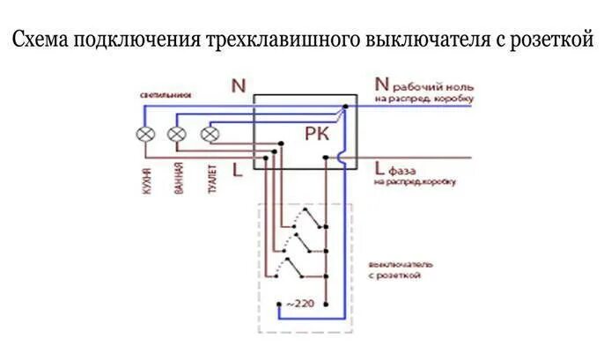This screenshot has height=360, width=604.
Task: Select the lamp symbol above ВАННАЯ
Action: click(177, 134)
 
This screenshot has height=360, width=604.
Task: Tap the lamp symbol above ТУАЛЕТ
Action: click(210, 134)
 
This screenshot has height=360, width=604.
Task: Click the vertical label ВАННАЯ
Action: click(179, 180)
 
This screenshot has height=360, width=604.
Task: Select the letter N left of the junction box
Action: click(237, 86)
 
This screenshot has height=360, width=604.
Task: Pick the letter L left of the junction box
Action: click(237, 169)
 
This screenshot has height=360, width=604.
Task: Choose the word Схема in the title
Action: click(42, 41)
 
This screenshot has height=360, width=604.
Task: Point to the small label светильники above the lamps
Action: click(165, 93)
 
